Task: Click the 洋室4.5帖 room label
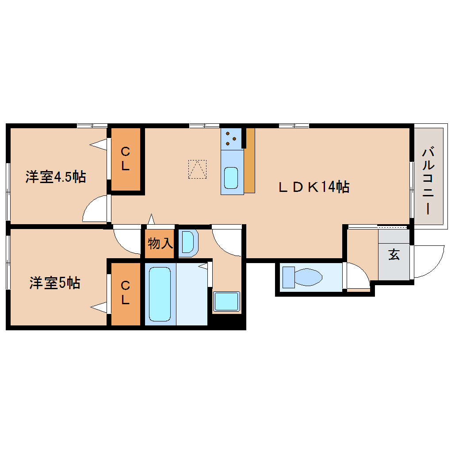55,177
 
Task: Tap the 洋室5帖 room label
55,283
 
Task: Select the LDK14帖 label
314,187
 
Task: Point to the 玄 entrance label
394,255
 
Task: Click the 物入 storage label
160,243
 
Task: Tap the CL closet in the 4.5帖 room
126,159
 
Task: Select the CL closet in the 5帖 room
126,294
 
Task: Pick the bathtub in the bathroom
160,294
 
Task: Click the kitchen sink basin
231,178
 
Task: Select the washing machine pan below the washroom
226,302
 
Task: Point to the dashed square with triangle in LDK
197,169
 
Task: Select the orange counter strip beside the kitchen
249,161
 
